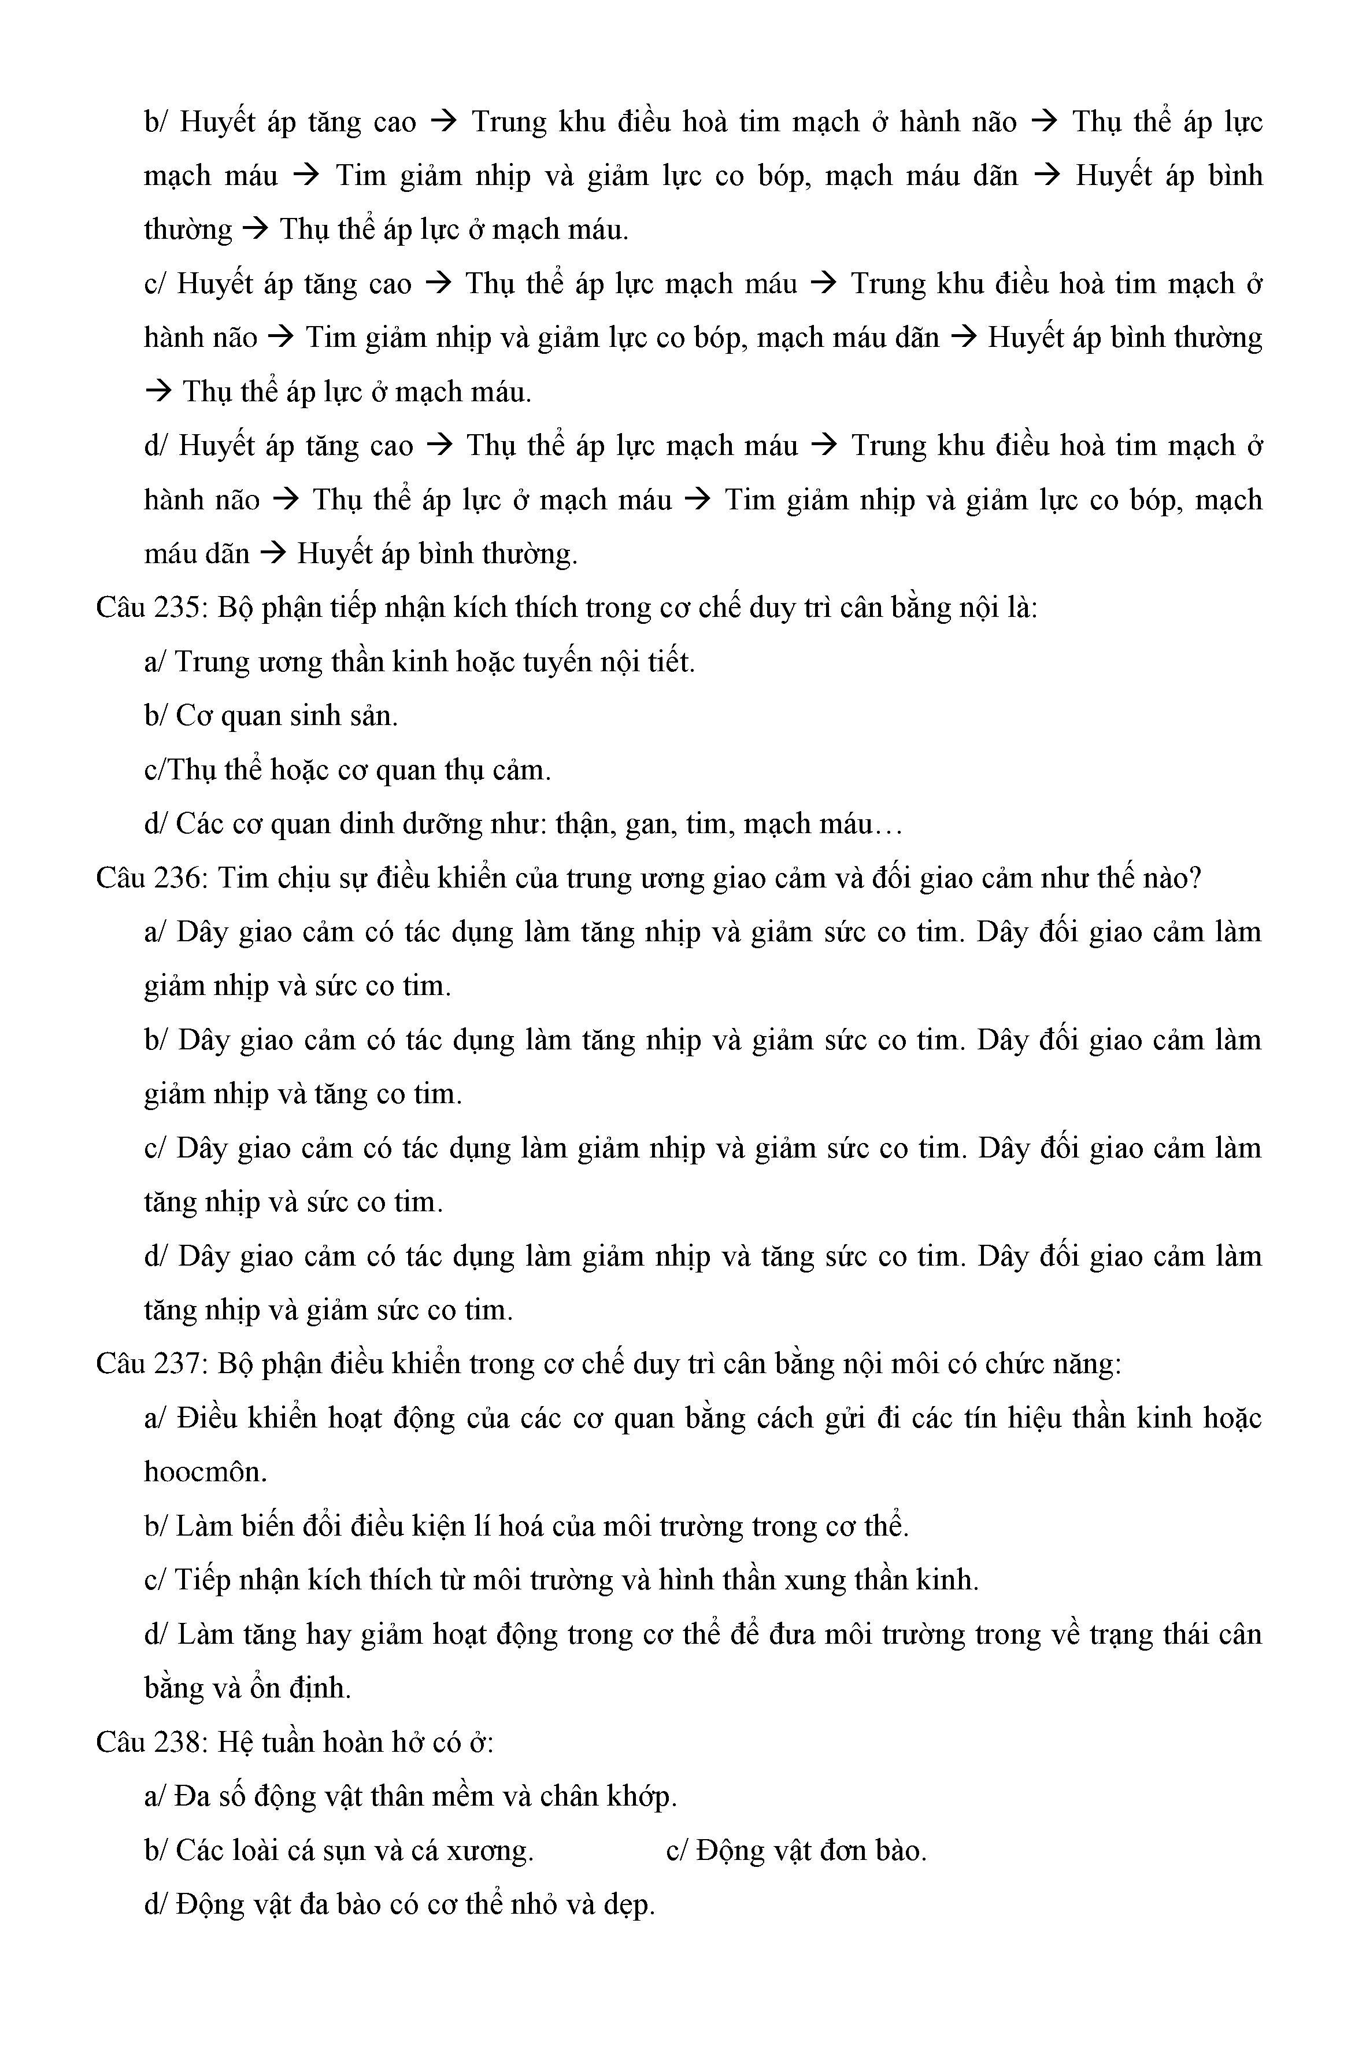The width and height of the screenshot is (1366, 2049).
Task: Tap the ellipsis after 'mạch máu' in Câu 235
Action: coord(887,824)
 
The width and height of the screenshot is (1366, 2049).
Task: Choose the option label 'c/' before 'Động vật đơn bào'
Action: coord(677,1850)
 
